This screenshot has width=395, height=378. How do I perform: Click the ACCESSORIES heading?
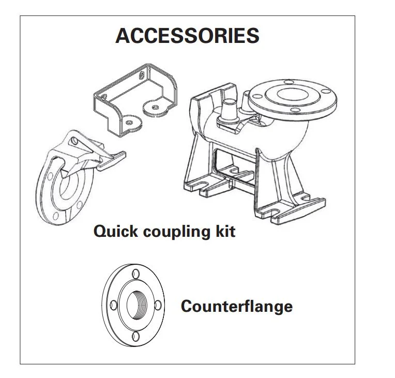click(187, 36)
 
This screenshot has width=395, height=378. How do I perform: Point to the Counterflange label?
click(237, 306)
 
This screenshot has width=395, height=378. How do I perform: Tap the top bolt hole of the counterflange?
click(135, 274)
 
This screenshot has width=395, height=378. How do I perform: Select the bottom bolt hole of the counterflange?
click(136, 336)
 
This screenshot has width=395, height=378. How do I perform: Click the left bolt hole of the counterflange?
click(114, 305)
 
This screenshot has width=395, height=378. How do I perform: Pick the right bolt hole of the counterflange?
click(158, 306)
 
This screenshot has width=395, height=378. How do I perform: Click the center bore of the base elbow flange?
click(293, 94)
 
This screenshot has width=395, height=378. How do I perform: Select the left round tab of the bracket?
click(130, 123)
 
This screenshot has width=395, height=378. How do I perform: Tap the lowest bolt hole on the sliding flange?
click(56, 216)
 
